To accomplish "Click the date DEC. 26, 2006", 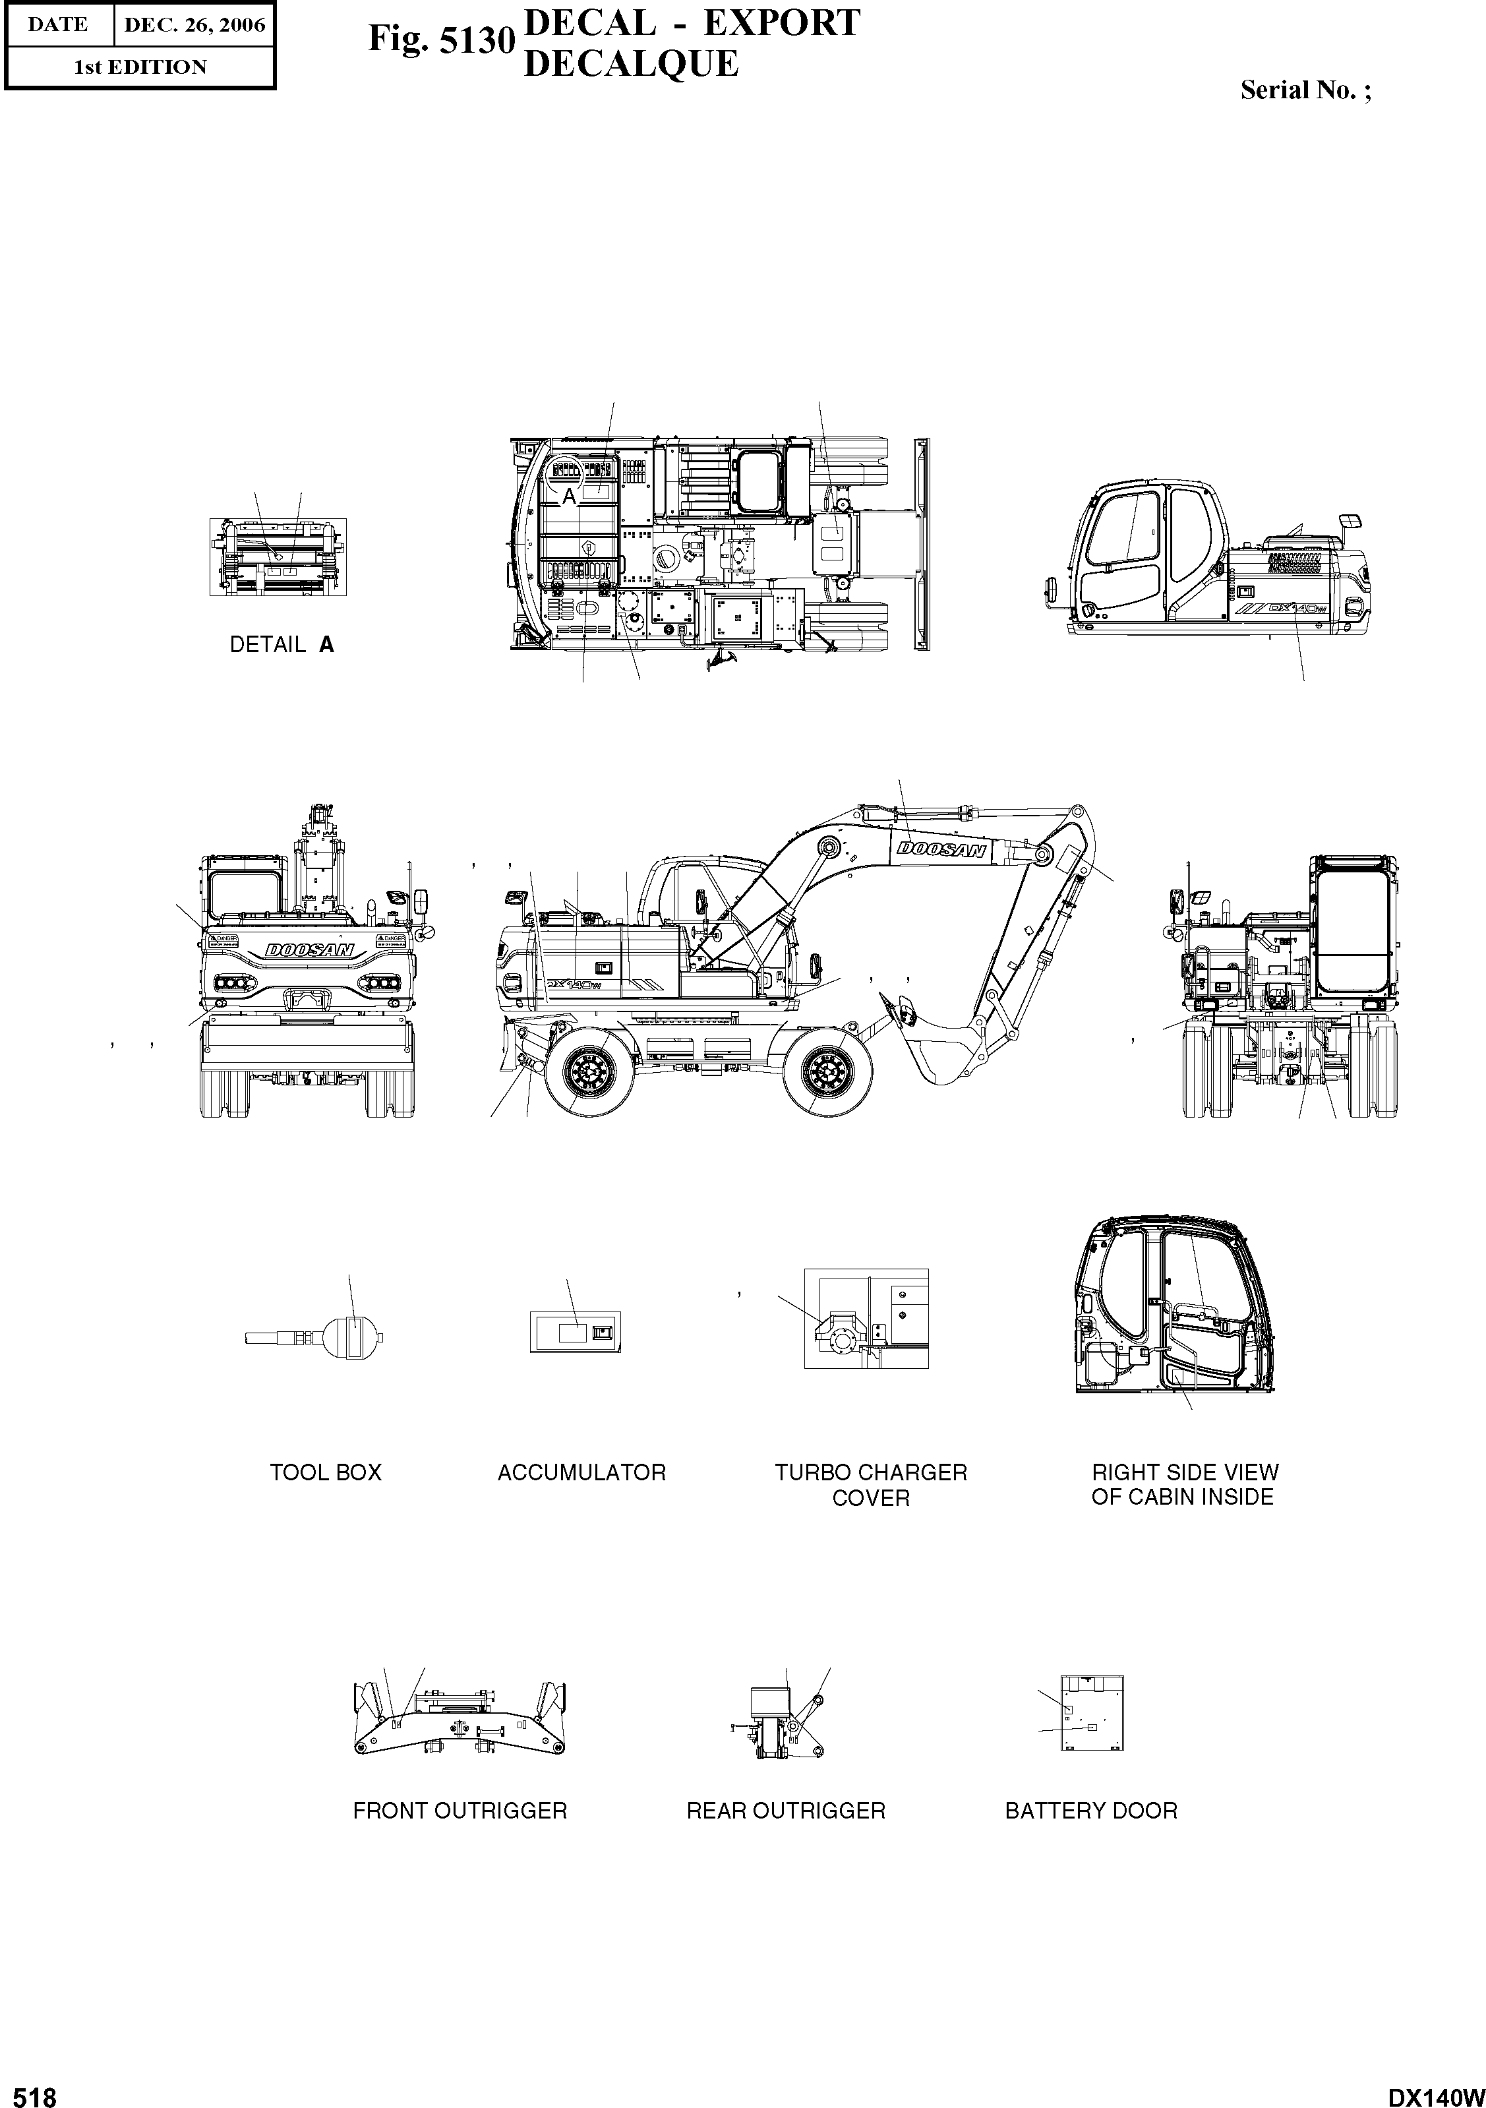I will pyautogui.click(x=194, y=25).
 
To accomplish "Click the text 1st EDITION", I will pyautogui.click(x=140, y=67).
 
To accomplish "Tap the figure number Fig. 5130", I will pyautogui.click(x=438, y=40).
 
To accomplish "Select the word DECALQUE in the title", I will pyautogui.click(x=630, y=64).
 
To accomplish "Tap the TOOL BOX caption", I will pyautogui.click(x=325, y=1472).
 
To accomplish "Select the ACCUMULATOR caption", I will pyautogui.click(x=581, y=1472).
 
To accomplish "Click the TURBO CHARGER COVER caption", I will pyautogui.click(x=870, y=1485).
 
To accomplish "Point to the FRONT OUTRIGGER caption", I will pyautogui.click(x=460, y=1811).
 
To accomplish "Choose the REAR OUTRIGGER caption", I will pyautogui.click(x=786, y=1811).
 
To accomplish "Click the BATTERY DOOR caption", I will pyautogui.click(x=1090, y=1811).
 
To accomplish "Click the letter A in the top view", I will pyautogui.click(x=569, y=497).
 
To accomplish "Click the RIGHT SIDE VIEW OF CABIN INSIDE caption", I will pyautogui.click(x=1183, y=1485).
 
